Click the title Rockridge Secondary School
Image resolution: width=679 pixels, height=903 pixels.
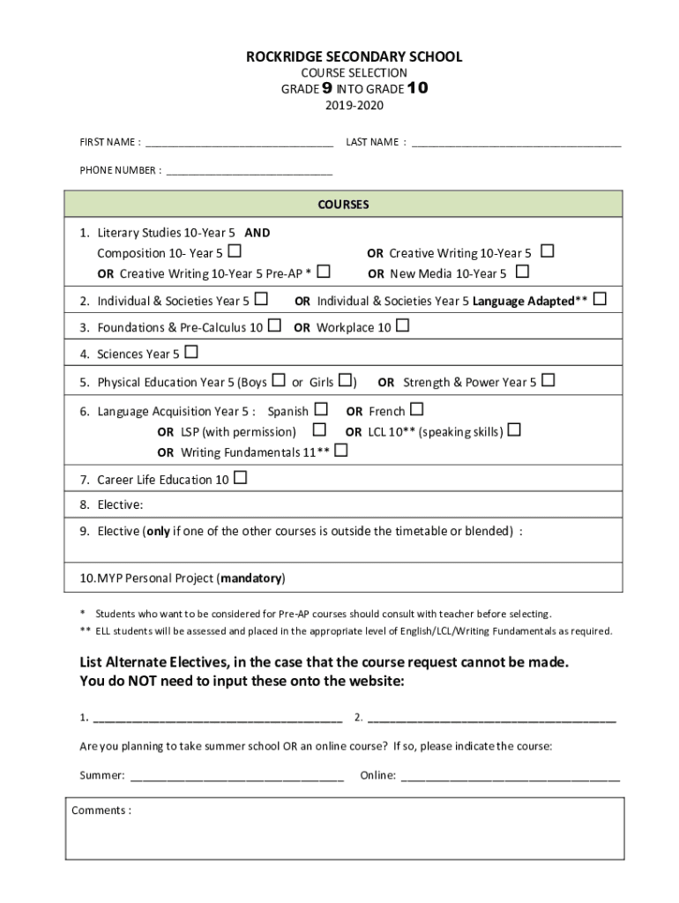tap(353, 57)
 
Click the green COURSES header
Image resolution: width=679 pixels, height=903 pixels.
tap(344, 205)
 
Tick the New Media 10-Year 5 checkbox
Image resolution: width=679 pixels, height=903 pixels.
tap(522, 272)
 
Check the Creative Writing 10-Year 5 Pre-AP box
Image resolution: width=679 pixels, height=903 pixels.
tap(324, 272)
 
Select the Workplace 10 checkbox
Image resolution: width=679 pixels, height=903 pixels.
tap(402, 326)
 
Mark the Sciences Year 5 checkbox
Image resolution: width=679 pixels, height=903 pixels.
tap(191, 353)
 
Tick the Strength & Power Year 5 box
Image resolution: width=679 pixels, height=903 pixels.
tap(548, 381)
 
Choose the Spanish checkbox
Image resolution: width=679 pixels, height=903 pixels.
tap(321, 409)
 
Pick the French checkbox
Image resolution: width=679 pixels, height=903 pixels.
tap(417, 409)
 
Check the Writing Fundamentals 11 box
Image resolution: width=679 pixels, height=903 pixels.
tap(341, 451)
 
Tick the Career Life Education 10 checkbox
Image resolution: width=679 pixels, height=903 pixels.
tap(241, 479)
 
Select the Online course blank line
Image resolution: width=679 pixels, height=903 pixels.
tap(510, 777)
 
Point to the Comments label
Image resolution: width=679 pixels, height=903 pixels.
tap(101, 810)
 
